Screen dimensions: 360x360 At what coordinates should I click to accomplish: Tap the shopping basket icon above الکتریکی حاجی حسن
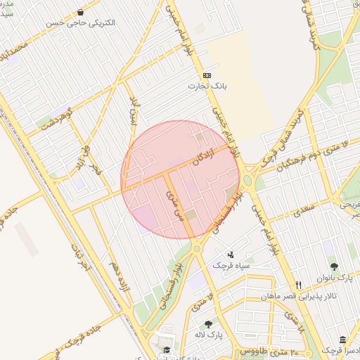point(81,12)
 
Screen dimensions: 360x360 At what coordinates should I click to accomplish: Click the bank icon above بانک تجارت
point(207,75)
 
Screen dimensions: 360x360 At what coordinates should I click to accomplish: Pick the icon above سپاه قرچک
point(231,254)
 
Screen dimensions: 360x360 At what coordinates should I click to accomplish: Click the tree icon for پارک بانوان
point(333,266)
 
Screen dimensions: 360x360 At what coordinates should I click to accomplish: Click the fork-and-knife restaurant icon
point(299,285)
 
